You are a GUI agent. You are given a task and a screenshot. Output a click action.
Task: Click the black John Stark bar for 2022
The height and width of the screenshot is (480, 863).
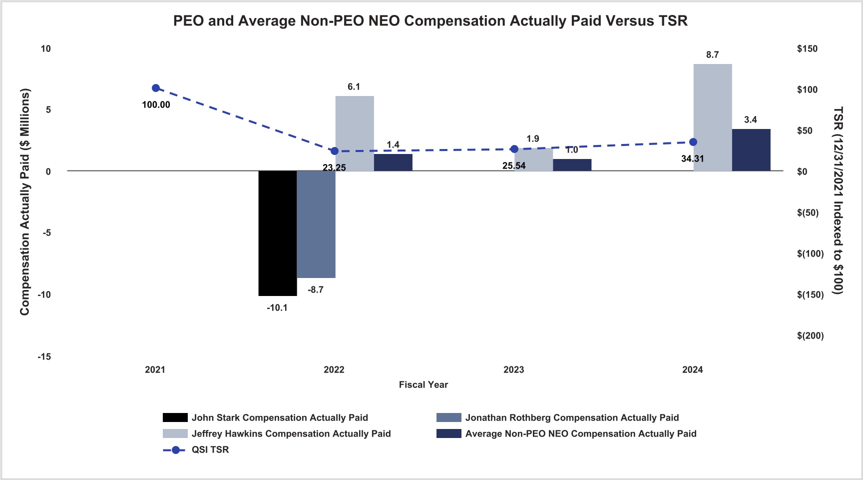(x=278, y=233)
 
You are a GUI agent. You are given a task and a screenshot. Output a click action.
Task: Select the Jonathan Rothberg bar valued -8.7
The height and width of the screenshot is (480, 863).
(x=316, y=224)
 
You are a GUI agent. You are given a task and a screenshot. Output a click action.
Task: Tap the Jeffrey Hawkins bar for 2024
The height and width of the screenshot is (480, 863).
(x=713, y=117)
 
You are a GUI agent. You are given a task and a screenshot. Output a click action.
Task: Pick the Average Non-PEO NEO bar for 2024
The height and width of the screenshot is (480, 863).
(x=751, y=150)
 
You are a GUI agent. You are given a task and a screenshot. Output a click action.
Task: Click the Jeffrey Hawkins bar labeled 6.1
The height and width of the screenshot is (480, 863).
(x=355, y=133)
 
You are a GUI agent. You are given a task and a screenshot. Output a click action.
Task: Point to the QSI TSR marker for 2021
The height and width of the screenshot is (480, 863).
(x=156, y=88)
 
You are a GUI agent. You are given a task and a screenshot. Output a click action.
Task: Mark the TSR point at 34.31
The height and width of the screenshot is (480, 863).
(x=693, y=142)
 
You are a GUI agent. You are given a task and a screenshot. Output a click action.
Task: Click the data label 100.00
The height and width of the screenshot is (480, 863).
(x=156, y=105)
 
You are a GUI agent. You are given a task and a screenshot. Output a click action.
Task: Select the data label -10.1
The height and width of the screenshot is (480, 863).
(x=277, y=308)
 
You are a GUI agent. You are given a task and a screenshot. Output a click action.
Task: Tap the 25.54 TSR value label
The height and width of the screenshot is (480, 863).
(x=514, y=166)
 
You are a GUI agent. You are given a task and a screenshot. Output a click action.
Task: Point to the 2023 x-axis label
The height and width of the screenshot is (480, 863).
(x=514, y=370)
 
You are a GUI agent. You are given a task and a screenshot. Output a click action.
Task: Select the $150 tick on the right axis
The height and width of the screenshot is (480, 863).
(x=808, y=49)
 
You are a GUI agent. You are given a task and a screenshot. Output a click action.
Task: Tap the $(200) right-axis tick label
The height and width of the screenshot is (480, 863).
(x=811, y=336)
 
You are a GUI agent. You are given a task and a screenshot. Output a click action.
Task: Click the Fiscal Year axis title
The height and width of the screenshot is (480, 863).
(x=424, y=385)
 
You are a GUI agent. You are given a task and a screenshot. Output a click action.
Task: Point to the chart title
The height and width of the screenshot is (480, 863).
(x=431, y=21)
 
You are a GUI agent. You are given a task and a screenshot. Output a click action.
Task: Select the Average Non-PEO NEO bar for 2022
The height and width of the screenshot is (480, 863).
(x=393, y=162)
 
